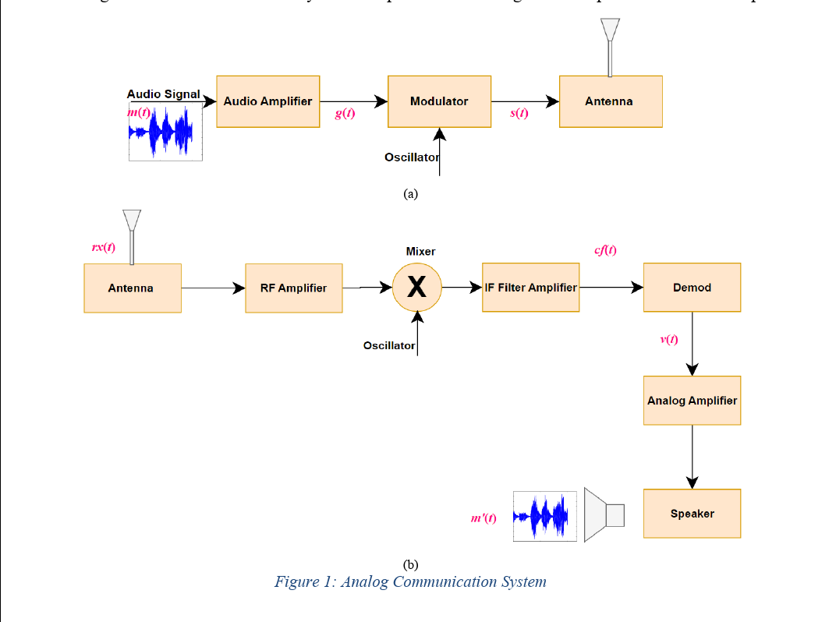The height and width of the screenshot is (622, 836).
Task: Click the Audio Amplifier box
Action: click(x=267, y=101)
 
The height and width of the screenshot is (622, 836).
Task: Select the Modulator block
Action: click(x=439, y=101)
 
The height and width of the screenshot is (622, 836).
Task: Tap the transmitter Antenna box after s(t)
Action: click(x=610, y=102)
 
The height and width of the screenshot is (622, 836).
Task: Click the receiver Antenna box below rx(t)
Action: click(x=132, y=288)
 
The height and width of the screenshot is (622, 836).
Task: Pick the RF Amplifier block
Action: click(x=293, y=288)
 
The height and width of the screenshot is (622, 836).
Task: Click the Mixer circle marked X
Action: click(x=417, y=288)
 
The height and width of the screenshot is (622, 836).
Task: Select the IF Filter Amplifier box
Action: click(x=530, y=288)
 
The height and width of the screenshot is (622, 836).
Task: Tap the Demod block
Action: click(x=692, y=288)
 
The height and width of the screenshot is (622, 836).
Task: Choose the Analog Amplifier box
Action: click(x=692, y=401)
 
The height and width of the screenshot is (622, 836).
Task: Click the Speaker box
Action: click(x=692, y=514)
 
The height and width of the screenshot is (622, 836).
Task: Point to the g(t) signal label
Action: click(x=345, y=114)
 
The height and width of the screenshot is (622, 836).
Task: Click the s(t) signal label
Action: click(x=519, y=114)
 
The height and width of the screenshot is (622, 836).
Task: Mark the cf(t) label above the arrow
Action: click(x=605, y=250)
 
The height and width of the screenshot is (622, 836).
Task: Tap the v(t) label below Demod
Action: click(x=668, y=339)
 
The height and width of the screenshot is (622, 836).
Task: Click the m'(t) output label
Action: click(x=484, y=518)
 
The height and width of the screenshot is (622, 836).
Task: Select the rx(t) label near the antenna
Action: click(x=103, y=248)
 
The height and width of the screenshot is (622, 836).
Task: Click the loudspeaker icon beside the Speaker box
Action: click(x=604, y=515)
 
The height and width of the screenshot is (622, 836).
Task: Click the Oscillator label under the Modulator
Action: click(x=411, y=157)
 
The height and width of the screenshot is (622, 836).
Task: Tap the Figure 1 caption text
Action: click(x=410, y=582)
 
